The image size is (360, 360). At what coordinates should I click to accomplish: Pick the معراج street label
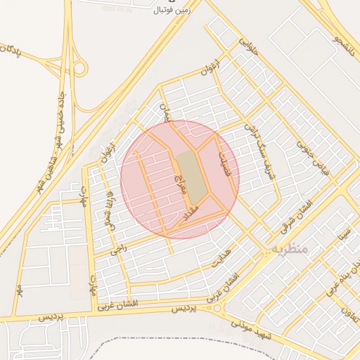tap(178, 181)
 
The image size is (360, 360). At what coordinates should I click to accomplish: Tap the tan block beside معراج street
tap(191, 174)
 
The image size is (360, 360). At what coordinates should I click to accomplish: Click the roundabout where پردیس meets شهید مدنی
tap(217, 307)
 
